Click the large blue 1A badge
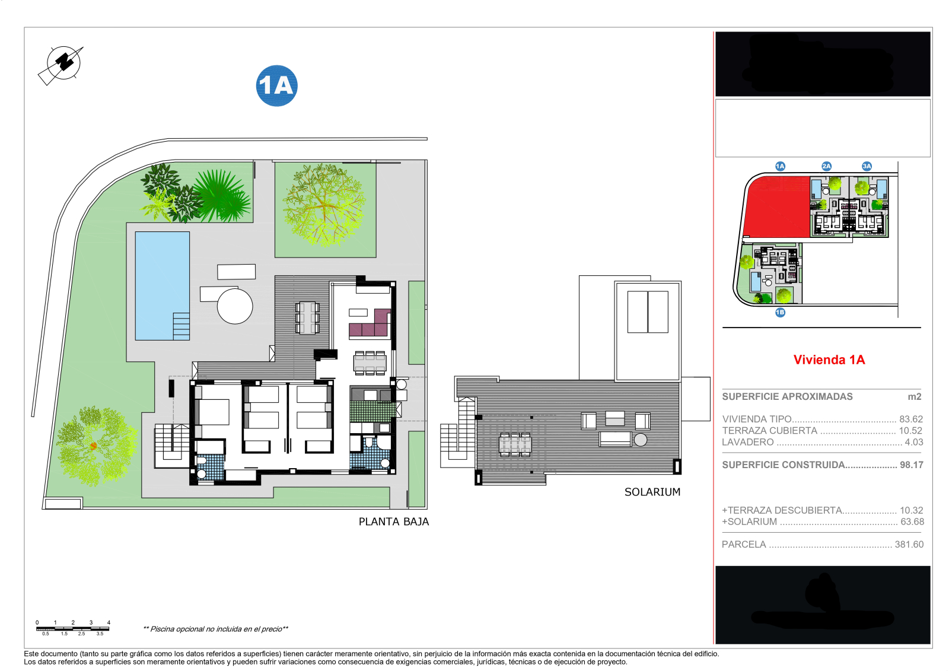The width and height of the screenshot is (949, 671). [276, 86]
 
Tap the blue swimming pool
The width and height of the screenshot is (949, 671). [162, 285]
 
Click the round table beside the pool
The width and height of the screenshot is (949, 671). [235, 306]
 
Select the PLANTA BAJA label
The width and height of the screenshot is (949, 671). [393, 522]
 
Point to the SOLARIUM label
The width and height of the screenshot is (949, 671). [652, 492]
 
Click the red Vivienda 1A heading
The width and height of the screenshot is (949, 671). [829, 360]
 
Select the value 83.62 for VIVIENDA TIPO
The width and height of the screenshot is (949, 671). [911, 419]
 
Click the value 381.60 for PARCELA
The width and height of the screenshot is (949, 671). [909, 545]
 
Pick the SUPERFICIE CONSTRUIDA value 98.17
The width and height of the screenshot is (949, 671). [911, 465]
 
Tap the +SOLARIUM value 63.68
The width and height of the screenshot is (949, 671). [912, 522]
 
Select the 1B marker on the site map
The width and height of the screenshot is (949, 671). [780, 313]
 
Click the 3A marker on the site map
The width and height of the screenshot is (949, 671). [867, 166]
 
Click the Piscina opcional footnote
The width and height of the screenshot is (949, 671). [216, 629]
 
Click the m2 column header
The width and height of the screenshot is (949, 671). [914, 397]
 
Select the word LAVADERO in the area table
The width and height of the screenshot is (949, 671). [747, 443]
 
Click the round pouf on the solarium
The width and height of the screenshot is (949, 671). [641, 440]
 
